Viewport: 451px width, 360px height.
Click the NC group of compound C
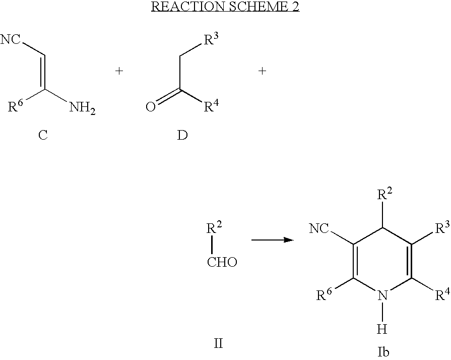tap(11, 39)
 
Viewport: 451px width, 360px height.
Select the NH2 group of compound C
tap(82, 108)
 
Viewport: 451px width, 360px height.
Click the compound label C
tap(43, 135)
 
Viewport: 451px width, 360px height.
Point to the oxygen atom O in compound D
tap(151, 107)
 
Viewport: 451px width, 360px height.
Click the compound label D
tap(182, 135)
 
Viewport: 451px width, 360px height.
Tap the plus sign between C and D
tap(119, 71)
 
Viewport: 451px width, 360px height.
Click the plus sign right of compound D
tap(262, 71)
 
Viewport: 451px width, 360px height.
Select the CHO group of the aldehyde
tap(222, 262)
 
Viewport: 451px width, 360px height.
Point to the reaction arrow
tap(273, 239)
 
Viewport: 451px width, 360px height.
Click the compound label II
tap(218, 343)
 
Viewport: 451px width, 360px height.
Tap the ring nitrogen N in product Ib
tap(382, 295)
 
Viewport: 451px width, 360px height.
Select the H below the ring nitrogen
tap(382, 329)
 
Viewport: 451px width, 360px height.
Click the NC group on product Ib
tap(319, 229)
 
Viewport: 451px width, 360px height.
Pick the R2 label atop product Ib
tap(384, 194)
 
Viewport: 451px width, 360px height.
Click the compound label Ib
tap(383, 352)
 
